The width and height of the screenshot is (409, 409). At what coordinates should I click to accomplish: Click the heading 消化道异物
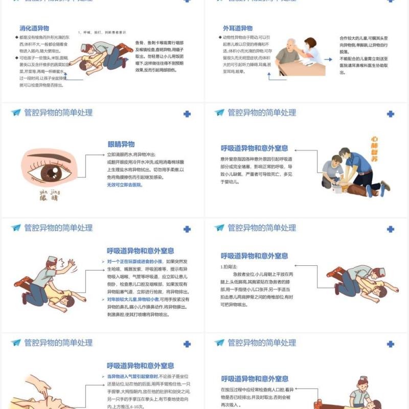34,28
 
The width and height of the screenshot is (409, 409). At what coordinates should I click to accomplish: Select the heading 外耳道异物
237,28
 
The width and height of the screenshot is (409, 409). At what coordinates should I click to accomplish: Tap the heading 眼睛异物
121,144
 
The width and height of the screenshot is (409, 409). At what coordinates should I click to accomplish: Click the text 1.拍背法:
229,266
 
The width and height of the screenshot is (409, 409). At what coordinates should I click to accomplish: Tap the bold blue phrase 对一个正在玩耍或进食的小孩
138,261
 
